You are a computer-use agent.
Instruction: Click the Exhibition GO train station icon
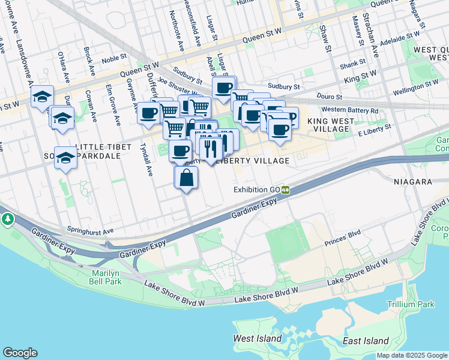[x=286, y=190]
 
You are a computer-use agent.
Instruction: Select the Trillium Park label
[x=411, y=304]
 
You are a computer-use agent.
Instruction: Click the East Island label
[x=366, y=340]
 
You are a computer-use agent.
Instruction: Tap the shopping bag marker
[x=186, y=178]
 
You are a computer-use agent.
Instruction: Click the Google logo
[x=20, y=353]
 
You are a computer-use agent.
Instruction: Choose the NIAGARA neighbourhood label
[x=414, y=181]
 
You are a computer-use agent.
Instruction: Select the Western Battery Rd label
[x=350, y=110]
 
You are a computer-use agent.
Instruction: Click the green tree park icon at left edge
[x=7, y=220]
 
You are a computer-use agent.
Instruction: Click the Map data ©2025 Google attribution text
[x=412, y=355]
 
